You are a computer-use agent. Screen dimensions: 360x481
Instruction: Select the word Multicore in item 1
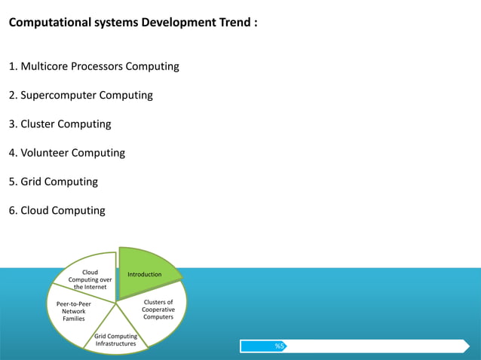tap(46, 66)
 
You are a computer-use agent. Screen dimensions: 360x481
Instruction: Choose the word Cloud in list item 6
tap(36, 211)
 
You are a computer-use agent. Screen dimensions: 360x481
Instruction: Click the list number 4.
tap(12, 153)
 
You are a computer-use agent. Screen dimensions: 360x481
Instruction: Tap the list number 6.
tap(12, 211)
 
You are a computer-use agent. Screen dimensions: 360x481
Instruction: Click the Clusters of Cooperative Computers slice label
tap(158, 310)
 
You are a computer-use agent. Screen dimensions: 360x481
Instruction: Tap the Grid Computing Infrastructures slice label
tap(115, 340)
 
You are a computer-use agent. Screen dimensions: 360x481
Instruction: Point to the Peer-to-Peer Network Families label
tap(74, 311)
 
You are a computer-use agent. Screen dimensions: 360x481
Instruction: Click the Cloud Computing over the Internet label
tap(90, 279)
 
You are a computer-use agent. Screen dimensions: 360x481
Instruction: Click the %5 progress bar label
tap(279, 346)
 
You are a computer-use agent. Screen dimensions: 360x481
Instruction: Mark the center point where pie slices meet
tap(117, 303)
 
